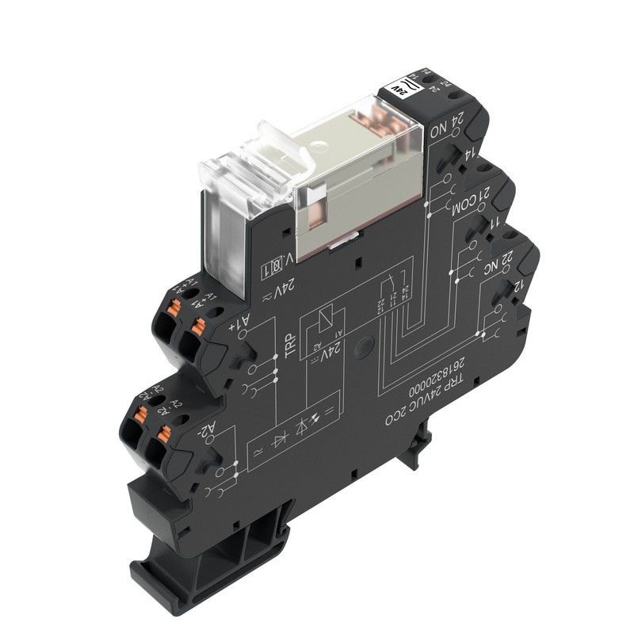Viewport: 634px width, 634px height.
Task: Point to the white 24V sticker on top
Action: [x=400, y=89]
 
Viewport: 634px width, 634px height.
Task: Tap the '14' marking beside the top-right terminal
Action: [x=469, y=156]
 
